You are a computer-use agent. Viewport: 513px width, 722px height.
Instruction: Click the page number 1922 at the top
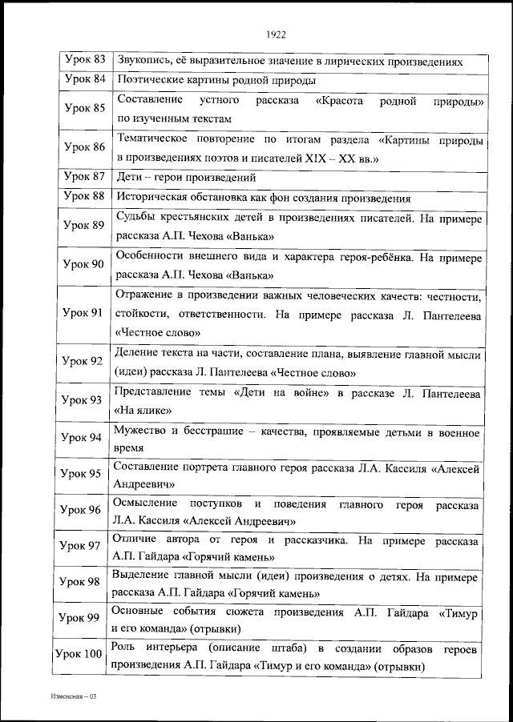275,34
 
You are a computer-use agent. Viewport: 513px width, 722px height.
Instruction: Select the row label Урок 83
84,60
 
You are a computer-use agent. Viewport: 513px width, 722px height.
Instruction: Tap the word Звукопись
144,61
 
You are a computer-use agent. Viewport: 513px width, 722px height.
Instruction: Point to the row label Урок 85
84,109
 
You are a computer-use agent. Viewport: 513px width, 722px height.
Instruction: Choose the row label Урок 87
84,177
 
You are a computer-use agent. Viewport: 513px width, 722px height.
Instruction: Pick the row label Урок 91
84,312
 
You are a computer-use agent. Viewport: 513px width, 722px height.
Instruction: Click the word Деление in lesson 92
139,354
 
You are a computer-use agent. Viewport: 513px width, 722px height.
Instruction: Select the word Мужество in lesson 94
142,432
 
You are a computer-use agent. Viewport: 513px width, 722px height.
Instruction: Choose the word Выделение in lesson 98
147,576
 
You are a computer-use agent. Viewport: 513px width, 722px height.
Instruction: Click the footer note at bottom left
71,697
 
